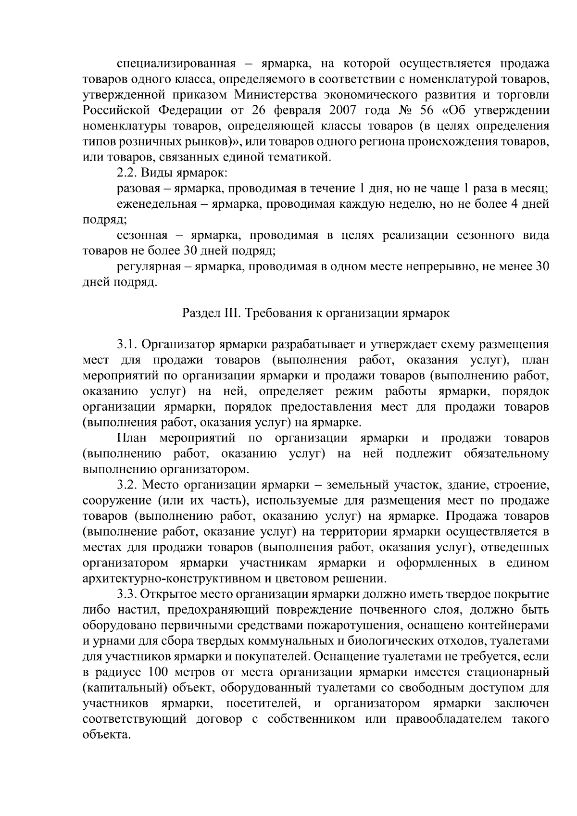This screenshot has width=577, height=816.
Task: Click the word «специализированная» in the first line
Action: pyautogui.click(x=176, y=64)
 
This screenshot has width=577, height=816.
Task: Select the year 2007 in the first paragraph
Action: pyautogui.click(x=343, y=111)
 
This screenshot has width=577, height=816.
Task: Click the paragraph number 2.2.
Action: pyautogui.click(x=126, y=173)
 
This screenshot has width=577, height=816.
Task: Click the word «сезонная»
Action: pyautogui.click(x=142, y=236)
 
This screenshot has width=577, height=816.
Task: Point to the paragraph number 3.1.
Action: pyautogui.click(x=126, y=345)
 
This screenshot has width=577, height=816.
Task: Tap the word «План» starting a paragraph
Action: pyautogui.click(x=132, y=438)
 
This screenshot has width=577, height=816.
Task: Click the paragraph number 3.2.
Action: pyautogui.click(x=126, y=485)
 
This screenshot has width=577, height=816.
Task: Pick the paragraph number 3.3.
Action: pyautogui.click(x=126, y=594)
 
